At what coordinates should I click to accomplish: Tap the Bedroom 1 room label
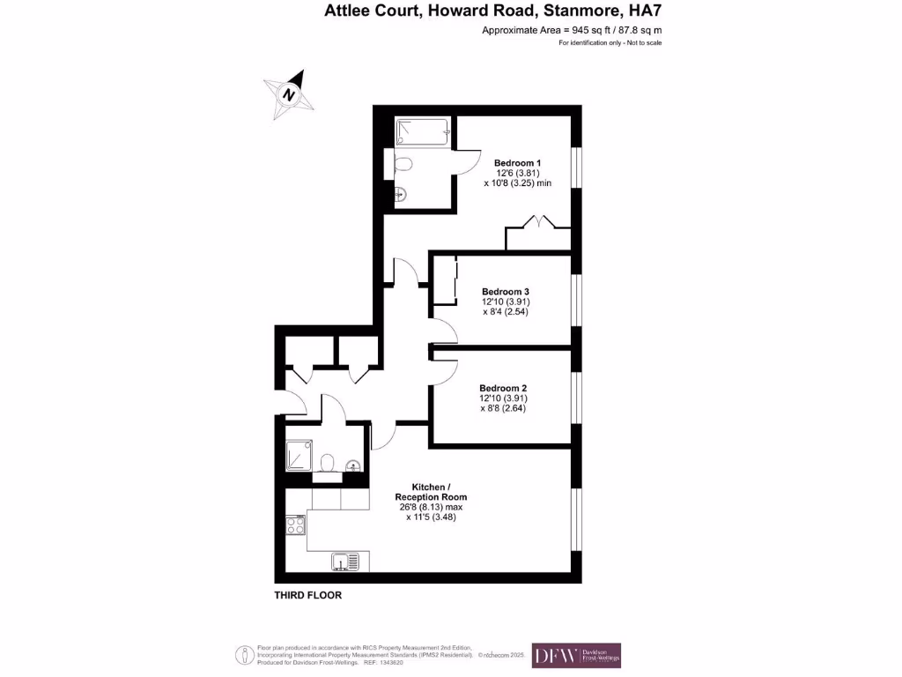click(517, 163)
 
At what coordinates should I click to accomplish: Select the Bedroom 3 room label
click(505, 291)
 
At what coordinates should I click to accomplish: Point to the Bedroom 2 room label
click(503, 387)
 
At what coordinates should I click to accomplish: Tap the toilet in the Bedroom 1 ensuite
click(403, 164)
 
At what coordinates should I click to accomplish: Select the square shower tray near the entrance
click(299, 457)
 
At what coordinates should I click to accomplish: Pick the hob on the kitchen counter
click(295, 527)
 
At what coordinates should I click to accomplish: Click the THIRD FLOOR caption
click(307, 596)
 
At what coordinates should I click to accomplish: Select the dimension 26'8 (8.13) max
click(431, 508)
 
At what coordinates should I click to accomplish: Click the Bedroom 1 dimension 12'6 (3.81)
click(517, 174)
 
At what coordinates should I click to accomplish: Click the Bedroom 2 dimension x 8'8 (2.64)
click(503, 408)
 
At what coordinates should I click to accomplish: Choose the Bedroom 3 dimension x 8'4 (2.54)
click(505, 312)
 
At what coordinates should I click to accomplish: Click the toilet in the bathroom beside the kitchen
click(327, 462)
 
